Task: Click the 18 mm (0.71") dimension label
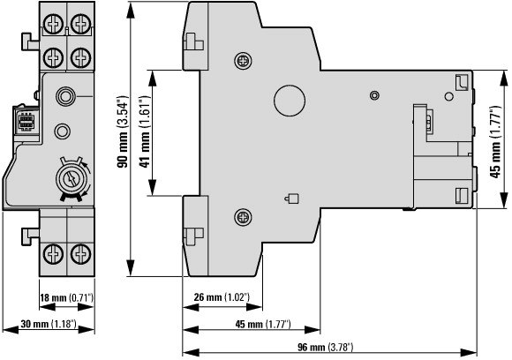point(66,297)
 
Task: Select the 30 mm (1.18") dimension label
point(49,324)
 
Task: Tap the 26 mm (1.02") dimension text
point(222,297)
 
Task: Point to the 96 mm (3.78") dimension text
point(325,347)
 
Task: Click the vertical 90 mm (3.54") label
point(123,131)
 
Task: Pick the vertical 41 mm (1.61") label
point(144,131)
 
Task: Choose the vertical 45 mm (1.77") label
point(495,142)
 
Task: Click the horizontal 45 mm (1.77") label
point(263,324)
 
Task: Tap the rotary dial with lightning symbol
point(72,179)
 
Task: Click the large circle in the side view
point(290,101)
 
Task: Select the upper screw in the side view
point(244,61)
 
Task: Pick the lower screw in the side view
point(244,217)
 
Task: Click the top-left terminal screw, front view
point(53,24)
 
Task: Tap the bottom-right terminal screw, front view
point(80,254)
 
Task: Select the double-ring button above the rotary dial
point(65,96)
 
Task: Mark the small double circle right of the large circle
point(374,95)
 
